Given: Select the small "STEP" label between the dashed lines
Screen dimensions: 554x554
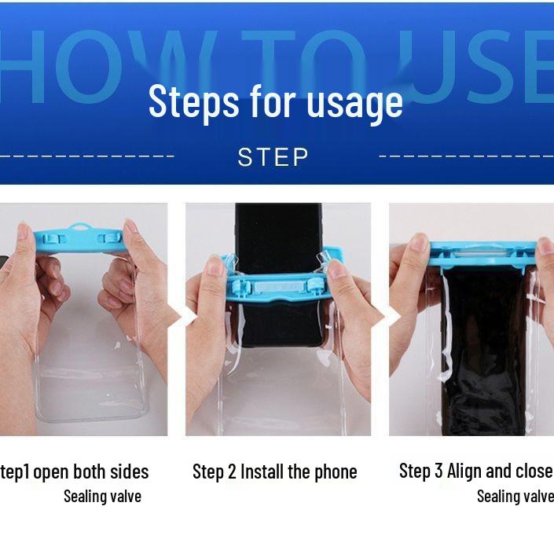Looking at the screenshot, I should pyautogui.click(x=273, y=157).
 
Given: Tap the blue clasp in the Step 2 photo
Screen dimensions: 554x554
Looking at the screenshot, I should pyautogui.click(x=278, y=283).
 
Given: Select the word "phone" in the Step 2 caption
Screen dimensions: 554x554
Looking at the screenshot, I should pyautogui.click(x=336, y=471).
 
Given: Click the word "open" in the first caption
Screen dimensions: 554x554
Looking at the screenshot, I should pyautogui.click(x=51, y=472).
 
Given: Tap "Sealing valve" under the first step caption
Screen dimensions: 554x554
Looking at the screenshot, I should pyautogui.click(x=102, y=496).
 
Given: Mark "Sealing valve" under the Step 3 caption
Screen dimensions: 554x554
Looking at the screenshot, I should pyautogui.click(x=515, y=496).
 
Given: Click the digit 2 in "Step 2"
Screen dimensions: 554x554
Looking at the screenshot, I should pyautogui.click(x=232, y=471).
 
